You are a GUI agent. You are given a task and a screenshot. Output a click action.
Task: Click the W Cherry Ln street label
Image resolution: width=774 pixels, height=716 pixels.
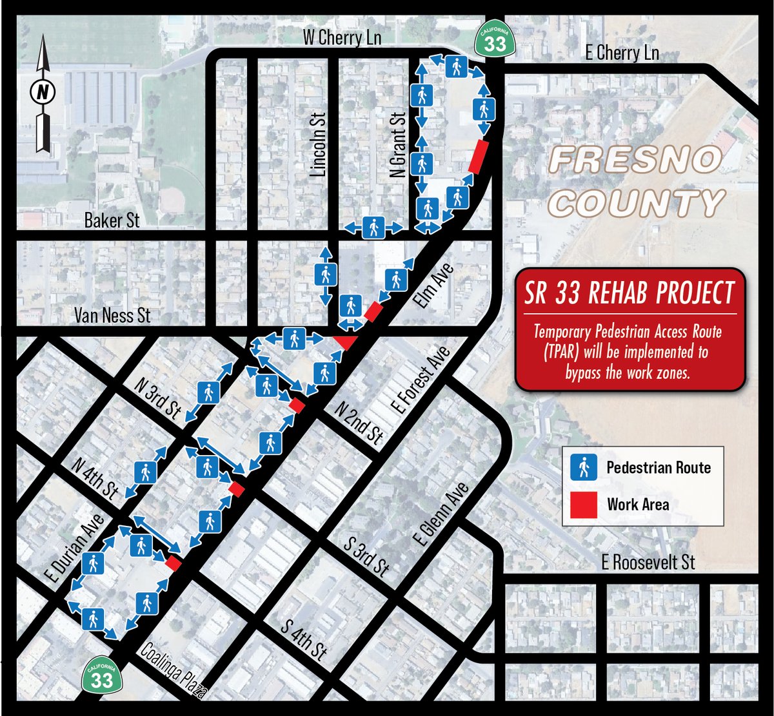point(342,39)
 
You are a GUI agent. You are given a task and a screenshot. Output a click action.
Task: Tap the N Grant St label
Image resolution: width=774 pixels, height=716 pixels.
point(399,145)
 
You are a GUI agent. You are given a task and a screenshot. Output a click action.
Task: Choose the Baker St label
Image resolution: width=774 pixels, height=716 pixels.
point(112,221)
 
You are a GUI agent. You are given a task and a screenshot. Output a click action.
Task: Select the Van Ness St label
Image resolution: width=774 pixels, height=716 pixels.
point(112,315)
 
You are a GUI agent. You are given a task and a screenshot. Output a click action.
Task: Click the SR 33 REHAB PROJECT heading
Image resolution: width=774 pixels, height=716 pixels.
point(630,294)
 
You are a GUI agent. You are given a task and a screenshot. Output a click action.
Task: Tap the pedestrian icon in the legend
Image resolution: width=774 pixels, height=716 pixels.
point(584,467)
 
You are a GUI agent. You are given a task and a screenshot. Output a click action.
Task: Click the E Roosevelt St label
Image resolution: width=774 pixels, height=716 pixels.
point(648,562)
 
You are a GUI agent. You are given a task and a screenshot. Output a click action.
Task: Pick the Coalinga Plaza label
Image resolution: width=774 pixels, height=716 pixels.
point(173,672)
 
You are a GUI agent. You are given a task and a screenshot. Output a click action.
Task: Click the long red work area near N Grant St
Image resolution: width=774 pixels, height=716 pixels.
point(477,157)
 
